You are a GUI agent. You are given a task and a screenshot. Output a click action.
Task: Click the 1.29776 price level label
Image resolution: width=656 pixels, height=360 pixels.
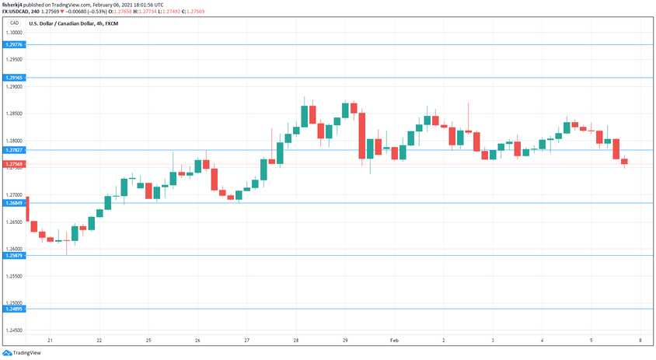pos(13,45)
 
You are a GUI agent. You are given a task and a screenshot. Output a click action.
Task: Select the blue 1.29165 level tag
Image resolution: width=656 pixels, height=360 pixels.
pos(13,78)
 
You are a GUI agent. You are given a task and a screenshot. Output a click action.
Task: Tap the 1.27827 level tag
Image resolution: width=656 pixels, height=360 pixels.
pos(13,150)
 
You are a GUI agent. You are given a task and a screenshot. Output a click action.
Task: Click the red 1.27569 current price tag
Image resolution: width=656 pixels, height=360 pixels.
pos(13,164)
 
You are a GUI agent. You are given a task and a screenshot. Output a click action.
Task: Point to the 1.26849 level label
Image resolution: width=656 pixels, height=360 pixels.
pos(13,203)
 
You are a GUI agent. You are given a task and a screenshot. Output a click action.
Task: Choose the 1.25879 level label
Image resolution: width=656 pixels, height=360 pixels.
pos(13,255)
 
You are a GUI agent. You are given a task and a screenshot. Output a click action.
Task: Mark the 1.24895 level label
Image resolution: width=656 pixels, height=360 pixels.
pos(13,309)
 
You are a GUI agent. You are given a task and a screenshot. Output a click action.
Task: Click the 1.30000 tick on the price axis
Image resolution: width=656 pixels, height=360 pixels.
pos(13,33)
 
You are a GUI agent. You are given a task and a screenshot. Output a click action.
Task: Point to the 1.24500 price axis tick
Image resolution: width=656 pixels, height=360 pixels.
pos(13,330)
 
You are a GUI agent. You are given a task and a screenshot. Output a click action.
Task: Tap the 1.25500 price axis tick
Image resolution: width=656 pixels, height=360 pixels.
pos(13,276)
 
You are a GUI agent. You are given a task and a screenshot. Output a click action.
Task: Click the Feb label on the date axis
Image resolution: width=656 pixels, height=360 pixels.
pos(393,341)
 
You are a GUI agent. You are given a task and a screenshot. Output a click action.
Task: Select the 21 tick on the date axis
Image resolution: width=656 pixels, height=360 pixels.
pos(50,341)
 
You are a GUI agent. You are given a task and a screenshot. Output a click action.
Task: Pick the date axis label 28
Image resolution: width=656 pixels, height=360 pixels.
pos(296,341)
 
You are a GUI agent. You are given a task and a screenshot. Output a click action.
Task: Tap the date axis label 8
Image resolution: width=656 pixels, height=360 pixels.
pos(640,341)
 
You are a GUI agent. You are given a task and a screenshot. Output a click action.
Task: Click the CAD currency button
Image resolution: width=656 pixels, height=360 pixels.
pos(13,23)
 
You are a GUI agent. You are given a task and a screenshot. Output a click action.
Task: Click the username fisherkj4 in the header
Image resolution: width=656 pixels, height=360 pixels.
pos(15,5)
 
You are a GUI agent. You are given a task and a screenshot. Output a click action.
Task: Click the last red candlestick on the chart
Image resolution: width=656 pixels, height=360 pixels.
pos(624,162)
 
